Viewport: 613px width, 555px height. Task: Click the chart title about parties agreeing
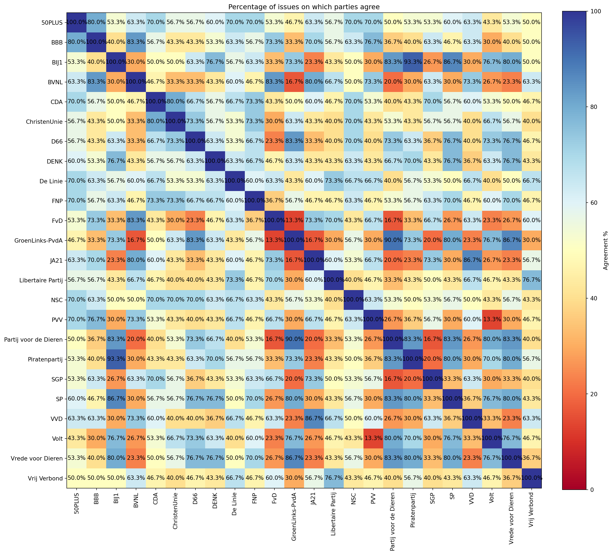pyautogui.click(x=304, y=7)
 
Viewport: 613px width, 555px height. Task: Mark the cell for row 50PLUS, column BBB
pyautogui.click(x=96, y=22)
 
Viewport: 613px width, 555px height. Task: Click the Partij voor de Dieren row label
pyautogui.click(x=33, y=339)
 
